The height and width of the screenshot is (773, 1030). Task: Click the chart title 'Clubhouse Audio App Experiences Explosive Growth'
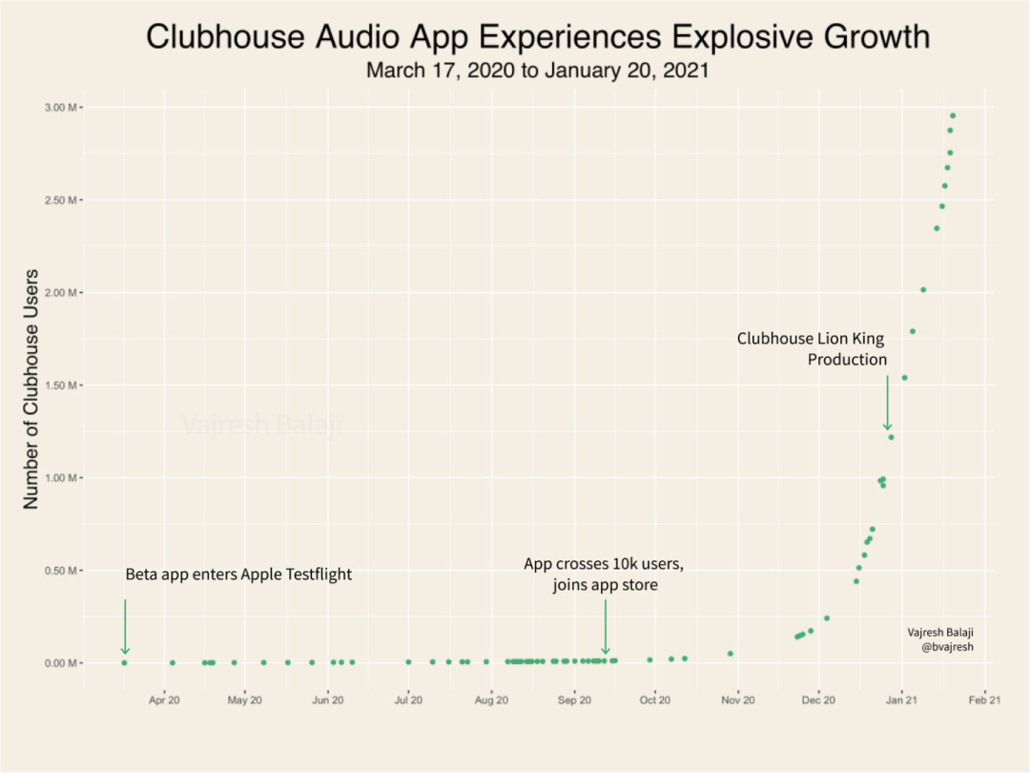538,37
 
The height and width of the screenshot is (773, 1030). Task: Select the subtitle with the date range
538,71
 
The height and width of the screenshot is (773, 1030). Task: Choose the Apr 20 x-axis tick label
164,700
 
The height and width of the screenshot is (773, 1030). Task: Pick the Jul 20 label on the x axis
408,700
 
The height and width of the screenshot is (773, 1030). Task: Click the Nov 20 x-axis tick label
737,700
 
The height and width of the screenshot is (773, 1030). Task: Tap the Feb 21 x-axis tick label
983,700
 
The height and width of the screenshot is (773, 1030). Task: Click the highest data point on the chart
952,115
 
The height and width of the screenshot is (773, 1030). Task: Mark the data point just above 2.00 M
922,289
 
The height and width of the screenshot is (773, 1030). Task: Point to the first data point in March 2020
124,662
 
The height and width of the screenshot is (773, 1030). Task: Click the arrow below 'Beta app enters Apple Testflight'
125,627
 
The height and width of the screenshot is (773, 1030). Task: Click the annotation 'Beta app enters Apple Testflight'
238,575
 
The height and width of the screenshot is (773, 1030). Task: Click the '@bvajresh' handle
947,646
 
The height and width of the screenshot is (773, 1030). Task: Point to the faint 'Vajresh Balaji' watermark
260,425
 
